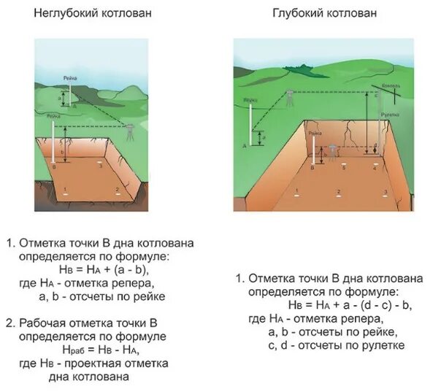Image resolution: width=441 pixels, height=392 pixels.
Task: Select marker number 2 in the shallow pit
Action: pyautogui.click(x=117, y=189)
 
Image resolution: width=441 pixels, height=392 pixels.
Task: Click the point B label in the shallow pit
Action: pyautogui.click(x=53, y=167)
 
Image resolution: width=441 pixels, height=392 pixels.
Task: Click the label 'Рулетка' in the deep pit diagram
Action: pyautogui.click(x=388, y=115)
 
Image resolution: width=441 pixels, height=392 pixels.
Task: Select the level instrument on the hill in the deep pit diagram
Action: pyautogui.click(x=290, y=96)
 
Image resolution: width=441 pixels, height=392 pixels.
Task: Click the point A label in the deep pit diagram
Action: pyautogui.click(x=244, y=146)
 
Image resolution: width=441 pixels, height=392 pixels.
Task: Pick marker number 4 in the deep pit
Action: pyautogui.click(x=375, y=167)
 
